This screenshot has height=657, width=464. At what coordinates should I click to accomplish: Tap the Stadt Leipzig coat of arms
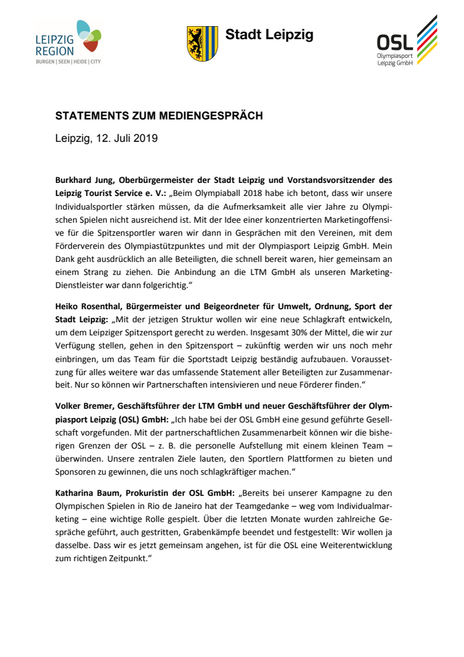coord(202,44)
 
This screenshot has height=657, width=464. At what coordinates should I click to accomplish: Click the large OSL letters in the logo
coord(396,42)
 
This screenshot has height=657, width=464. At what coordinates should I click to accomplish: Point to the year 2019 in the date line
coord(145,138)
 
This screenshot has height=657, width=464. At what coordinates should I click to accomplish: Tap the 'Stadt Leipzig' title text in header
coord(269,35)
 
